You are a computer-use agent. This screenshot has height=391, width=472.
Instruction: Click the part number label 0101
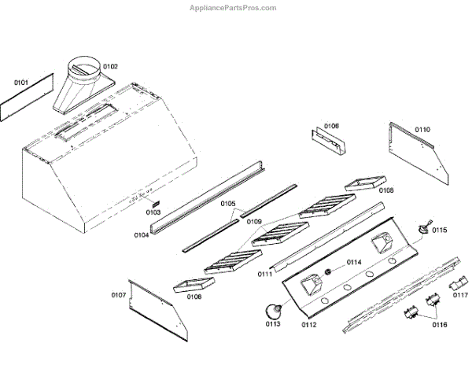tap(20, 82)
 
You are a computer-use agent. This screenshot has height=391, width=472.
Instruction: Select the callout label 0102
tap(110, 67)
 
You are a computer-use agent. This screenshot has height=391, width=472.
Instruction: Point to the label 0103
tap(153, 212)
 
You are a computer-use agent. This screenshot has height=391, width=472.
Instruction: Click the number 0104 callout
tap(142, 234)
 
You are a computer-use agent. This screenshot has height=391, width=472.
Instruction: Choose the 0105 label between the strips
tap(227, 204)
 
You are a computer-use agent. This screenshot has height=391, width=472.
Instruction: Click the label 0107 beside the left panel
tap(119, 295)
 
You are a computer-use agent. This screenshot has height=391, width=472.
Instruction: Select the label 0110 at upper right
tap(422, 129)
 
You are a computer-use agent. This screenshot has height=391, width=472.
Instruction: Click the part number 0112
tap(309, 324)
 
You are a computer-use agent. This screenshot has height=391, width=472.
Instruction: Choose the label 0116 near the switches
tap(437, 323)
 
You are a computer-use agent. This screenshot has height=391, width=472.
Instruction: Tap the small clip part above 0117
tap(457, 285)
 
